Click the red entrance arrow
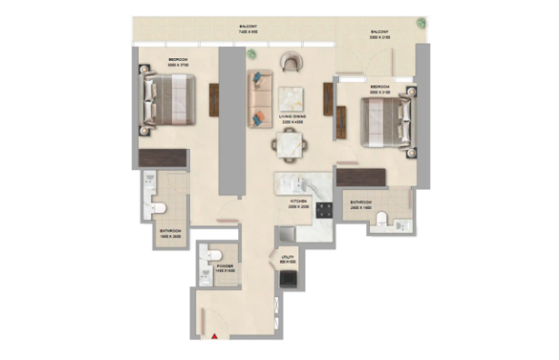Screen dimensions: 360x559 point(215,337)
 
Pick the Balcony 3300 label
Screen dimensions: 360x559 point(380,34)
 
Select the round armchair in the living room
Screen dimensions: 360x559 point(292,63)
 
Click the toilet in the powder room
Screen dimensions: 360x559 point(215,255)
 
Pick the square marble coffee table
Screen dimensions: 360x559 point(292,98)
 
